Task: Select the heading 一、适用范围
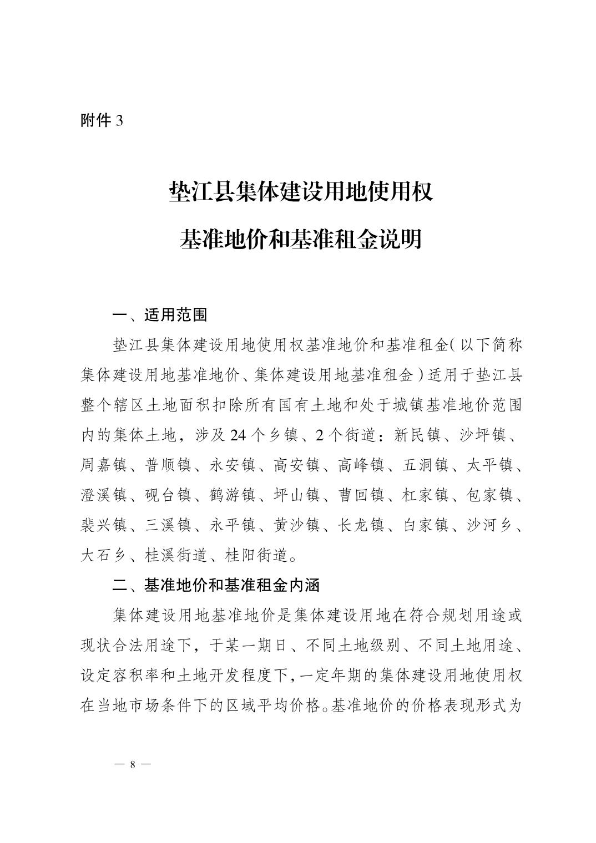[160, 315]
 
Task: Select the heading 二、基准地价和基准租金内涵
[216, 585]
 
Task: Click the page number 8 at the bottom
[132, 764]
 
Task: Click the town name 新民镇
[417, 435]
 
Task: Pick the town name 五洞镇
[425, 465]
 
